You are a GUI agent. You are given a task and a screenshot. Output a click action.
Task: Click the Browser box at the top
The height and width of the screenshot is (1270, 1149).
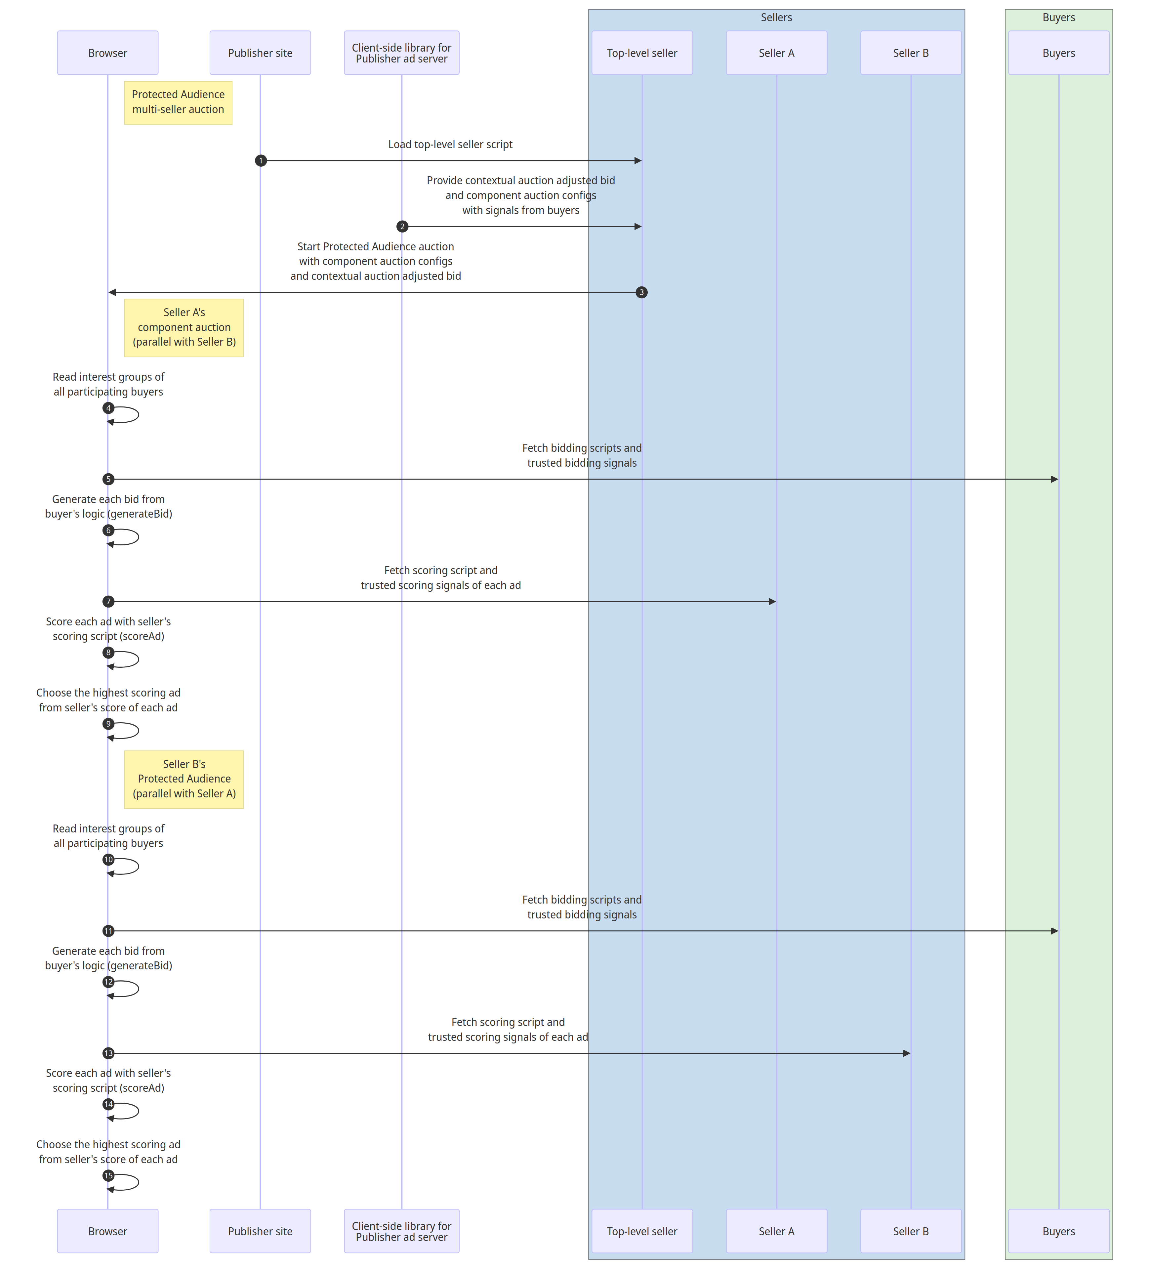[x=108, y=53]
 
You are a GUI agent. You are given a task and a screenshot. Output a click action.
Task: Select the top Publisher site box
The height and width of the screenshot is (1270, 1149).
[x=260, y=53]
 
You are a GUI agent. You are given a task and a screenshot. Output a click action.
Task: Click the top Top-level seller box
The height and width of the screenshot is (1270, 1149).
[x=642, y=53]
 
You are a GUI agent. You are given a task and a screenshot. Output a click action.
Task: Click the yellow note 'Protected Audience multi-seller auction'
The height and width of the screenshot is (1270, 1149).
[x=178, y=102]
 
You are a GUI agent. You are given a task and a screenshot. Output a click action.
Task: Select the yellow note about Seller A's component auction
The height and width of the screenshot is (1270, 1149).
[x=184, y=327]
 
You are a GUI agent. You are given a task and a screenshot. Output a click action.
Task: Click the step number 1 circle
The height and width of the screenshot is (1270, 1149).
[x=261, y=161]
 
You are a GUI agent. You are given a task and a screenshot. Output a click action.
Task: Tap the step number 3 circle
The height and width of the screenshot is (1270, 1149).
[x=641, y=292]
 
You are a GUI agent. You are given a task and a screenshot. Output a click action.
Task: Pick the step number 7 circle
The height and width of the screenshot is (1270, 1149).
[x=108, y=602]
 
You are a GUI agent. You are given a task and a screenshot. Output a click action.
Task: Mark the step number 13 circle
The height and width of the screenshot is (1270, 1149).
[x=108, y=1053]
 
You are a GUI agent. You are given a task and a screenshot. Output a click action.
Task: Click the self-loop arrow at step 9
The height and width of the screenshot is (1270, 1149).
[x=130, y=731]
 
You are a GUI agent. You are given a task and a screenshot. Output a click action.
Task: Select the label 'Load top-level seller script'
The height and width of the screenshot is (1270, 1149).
[x=450, y=144]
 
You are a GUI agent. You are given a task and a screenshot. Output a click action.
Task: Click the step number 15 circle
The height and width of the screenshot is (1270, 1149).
[x=108, y=1175]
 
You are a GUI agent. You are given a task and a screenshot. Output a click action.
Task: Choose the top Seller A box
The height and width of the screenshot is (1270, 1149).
[x=776, y=53]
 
